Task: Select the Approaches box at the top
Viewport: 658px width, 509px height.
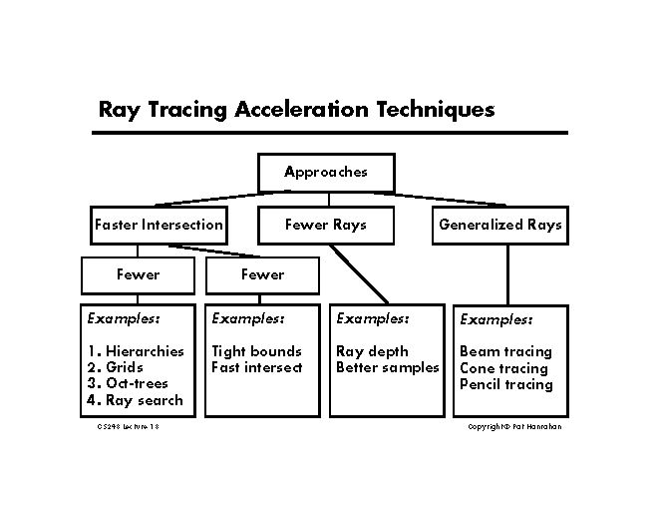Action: (x=326, y=172)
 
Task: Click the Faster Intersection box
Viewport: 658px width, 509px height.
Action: (x=158, y=225)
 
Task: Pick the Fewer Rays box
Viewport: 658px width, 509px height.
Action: (x=326, y=225)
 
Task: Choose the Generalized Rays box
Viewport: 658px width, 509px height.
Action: (x=500, y=225)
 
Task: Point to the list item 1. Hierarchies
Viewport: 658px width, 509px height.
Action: (x=136, y=351)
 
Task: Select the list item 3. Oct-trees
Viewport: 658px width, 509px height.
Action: (x=128, y=383)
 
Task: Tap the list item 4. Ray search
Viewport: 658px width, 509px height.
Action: (x=135, y=400)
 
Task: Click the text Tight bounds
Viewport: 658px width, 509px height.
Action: (x=256, y=351)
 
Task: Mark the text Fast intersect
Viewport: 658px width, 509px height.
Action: (x=256, y=367)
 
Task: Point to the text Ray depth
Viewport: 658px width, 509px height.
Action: (x=372, y=351)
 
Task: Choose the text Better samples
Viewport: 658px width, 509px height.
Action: (x=388, y=367)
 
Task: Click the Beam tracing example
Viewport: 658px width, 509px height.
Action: (x=505, y=351)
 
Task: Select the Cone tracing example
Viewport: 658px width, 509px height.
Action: (x=503, y=368)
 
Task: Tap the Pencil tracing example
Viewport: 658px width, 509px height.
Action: (x=505, y=384)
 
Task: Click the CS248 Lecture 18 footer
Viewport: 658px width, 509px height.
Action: (x=129, y=426)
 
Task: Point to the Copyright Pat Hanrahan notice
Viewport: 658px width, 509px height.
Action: (x=516, y=426)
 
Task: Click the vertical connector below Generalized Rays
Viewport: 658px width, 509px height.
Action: (x=507, y=273)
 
